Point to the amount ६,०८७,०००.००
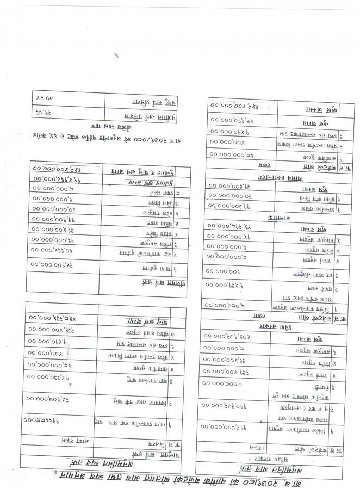pos(228,305)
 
